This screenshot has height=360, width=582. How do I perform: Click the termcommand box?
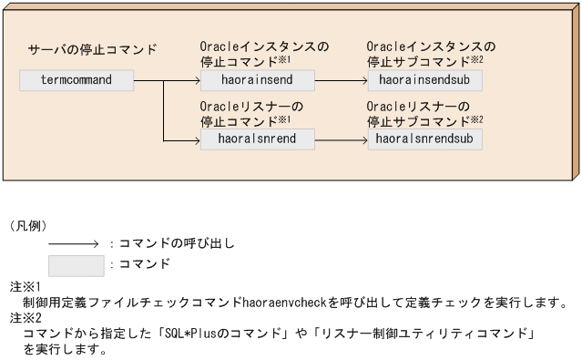point(77,80)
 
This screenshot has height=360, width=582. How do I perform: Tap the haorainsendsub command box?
point(425,80)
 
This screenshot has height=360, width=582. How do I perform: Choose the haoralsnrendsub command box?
point(425,139)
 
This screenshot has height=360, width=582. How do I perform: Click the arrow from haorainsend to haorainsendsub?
point(342,80)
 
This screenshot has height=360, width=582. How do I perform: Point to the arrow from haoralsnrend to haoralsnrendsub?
point(342,139)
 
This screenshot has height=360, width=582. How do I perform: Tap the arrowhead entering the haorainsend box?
point(194,80)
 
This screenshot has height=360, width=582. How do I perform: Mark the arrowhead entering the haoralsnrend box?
point(194,139)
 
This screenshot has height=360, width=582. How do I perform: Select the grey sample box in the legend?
point(77,265)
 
